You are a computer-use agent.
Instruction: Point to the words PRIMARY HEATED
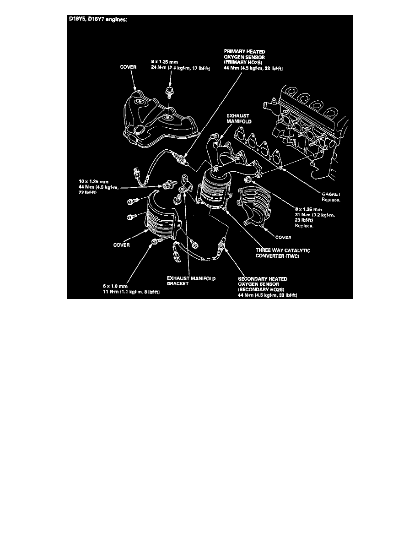pyautogui.click(x=244, y=52)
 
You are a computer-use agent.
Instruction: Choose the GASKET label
pyautogui.click(x=332, y=194)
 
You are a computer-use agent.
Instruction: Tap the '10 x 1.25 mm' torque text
pyautogui.click(x=92, y=181)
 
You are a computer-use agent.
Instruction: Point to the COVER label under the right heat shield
pyautogui.click(x=284, y=238)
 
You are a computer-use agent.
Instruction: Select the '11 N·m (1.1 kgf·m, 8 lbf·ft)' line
pyautogui.click(x=131, y=293)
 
